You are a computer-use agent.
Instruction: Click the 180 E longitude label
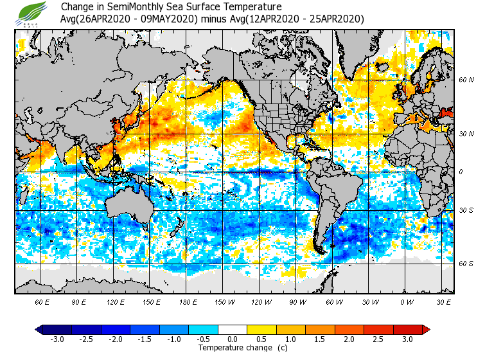189,301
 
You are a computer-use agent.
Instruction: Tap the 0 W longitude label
407,301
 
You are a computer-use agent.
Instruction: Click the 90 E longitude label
79,301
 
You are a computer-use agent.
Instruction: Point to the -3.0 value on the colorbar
57,339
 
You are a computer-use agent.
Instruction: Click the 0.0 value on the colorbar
233,339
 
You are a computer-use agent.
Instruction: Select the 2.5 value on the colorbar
378,339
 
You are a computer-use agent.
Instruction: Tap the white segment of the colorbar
233,329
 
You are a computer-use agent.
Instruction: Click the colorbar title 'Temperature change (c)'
233,347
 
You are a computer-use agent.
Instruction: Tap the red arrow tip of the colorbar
425,329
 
